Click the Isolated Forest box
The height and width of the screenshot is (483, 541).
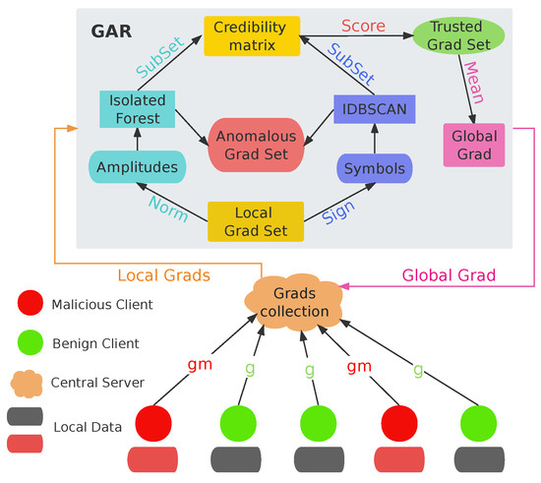pyautogui.click(x=138, y=109)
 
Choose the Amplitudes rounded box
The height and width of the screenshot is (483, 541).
pyautogui.click(x=138, y=167)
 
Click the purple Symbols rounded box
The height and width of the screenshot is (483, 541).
pyautogui.click(x=376, y=168)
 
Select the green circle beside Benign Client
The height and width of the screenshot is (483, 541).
pyautogui.click(x=29, y=344)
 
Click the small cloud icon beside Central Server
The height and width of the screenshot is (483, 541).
pyautogui.click(x=29, y=383)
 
